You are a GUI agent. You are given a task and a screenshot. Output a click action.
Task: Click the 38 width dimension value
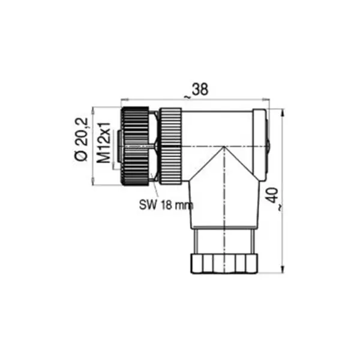tap(200, 89)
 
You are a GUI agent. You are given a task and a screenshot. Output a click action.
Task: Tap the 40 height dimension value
tap(273, 195)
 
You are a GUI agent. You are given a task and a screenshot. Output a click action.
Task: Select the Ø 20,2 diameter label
tap(81, 139)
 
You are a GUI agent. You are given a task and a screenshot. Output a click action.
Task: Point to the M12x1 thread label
tap(104, 143)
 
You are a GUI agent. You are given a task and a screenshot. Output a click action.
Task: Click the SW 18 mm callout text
tap(166, 205)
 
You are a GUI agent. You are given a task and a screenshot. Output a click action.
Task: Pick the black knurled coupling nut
tap(135, 146)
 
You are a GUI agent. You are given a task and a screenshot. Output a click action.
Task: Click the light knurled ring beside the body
tap(170, 146)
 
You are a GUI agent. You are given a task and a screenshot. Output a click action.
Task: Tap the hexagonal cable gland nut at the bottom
tap(224, 263)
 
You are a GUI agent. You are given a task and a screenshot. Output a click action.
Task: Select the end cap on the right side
tap(260, 145)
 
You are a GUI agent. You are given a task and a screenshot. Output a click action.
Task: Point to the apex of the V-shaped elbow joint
tap(224, 147)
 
